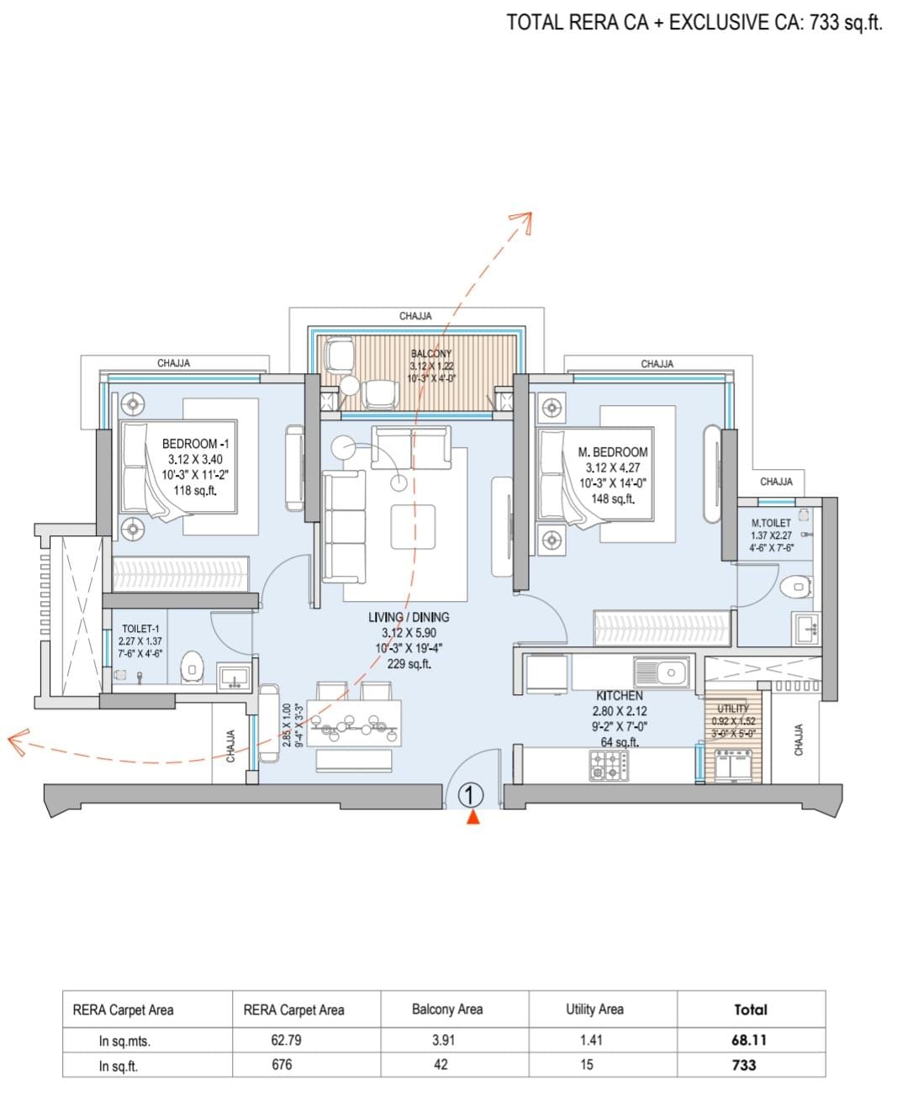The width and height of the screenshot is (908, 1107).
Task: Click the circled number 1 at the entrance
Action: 469,795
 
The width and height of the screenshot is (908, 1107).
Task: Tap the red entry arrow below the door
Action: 473,817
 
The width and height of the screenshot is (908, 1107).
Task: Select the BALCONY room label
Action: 430,354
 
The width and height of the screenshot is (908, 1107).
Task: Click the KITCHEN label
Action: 619,695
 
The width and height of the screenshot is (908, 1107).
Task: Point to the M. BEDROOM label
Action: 612,452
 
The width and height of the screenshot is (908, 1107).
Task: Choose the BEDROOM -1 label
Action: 195,444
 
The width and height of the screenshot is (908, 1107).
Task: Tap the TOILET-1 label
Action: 140,629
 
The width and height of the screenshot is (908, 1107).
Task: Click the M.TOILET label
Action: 771,523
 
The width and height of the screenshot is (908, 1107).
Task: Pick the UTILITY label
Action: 733,709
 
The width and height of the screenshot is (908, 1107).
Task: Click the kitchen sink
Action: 661,672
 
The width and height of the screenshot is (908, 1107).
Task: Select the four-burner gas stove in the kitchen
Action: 609,765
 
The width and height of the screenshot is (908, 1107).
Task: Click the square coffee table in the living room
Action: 413,526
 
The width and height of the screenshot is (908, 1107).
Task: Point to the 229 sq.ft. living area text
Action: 409,663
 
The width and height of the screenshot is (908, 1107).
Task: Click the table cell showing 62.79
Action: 286,1039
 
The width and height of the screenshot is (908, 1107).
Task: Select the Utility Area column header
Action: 594,1009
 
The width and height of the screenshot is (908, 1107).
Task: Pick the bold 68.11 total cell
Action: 749,1039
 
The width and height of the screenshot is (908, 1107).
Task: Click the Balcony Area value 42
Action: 441,1064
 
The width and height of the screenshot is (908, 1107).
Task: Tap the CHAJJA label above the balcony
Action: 415,316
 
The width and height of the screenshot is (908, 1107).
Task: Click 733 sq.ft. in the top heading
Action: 846,23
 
